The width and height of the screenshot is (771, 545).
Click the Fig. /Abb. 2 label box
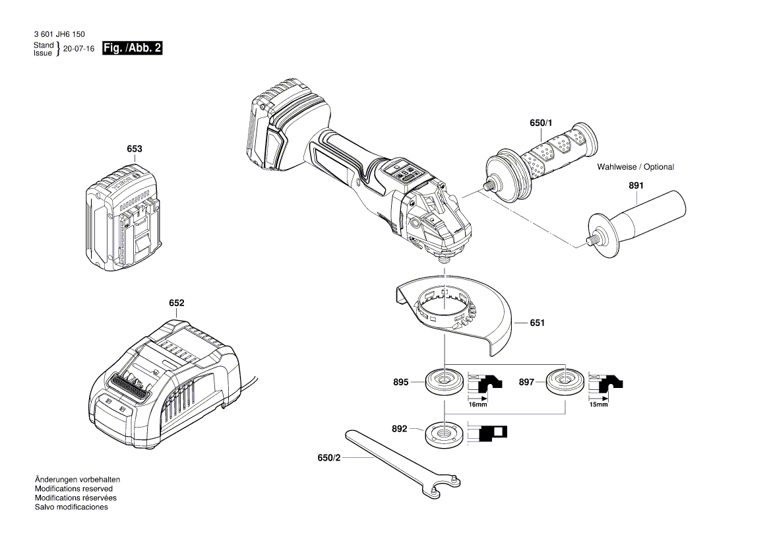click(133, 48)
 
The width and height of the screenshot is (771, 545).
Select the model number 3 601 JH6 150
click(58, 34)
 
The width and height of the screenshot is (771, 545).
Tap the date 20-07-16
click(78, 49)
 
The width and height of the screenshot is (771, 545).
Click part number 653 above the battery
click(134, 150)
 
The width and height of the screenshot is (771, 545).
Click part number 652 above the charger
click(176, 304)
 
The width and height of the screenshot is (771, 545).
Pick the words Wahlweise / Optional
click(635, 167)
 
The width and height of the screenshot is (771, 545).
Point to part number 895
click(400, 382)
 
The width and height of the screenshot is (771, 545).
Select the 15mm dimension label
click(598, 404)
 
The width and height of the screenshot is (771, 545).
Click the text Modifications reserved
click(73, 489)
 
